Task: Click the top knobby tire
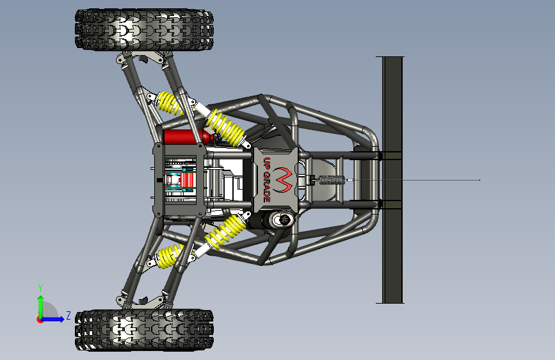point(144,29)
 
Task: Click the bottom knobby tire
point(144,329)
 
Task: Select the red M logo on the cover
point(284,180)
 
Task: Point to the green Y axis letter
point(40,288)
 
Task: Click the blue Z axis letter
point(68,315)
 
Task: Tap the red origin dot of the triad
point(40,319)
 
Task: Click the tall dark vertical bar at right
point(392,179)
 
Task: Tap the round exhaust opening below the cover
point(282,220)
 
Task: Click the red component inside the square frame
point(187,179)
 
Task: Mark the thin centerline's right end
point(479,180)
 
